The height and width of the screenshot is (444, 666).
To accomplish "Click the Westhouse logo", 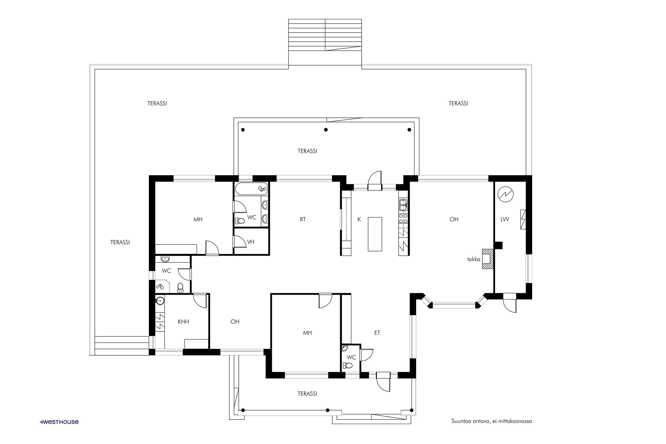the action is tap(59, 422).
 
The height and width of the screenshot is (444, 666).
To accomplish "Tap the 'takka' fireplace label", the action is tap(474, 259).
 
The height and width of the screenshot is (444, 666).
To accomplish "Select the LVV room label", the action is tap(505, 219).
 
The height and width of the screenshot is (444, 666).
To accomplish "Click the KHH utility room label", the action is tap(183, 321).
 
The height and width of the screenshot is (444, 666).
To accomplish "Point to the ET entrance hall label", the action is tap(377, 333).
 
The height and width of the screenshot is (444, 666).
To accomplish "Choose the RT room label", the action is tap(303, 219).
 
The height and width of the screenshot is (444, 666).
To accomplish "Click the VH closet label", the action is tap(251, 242).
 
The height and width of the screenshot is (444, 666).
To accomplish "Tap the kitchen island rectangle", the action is tap(375, 234).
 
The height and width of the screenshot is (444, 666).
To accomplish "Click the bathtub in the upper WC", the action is tap(251, 189).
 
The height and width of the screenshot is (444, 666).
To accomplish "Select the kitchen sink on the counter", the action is tap(403, 205).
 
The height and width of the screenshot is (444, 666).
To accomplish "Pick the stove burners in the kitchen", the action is tap(403, 218).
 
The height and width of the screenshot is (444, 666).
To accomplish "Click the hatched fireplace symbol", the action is tap(488, 259).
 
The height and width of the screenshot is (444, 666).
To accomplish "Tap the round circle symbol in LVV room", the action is tap(505, 194).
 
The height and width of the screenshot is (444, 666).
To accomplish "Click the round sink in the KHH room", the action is tap(160, 300).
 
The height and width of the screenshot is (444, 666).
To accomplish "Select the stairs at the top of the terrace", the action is tap(325, 35).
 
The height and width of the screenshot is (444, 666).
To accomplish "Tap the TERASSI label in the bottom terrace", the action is tap(307, 394).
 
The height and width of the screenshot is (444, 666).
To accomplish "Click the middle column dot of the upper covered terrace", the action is tap(326, 130).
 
